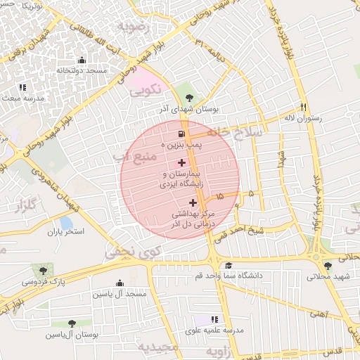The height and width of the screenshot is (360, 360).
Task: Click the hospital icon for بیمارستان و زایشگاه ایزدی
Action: tap(182, 162)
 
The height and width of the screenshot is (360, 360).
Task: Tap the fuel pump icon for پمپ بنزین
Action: tap(182, 134)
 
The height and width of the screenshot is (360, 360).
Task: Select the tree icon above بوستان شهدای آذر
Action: tap(188, 98)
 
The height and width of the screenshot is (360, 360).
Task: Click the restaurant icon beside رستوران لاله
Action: tap(304, 107)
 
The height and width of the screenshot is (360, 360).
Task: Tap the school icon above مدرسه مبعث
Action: tap(22, 87)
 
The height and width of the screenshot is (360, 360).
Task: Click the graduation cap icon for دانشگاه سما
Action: tap(228, 265)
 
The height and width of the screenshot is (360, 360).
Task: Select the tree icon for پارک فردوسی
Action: tap(44, 270)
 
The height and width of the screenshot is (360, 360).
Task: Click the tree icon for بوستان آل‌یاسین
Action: tap(72, 323)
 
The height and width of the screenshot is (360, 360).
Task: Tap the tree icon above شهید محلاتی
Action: tap(328, 265)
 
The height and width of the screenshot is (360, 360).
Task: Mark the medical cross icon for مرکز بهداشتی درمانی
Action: tap(193, 202)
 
